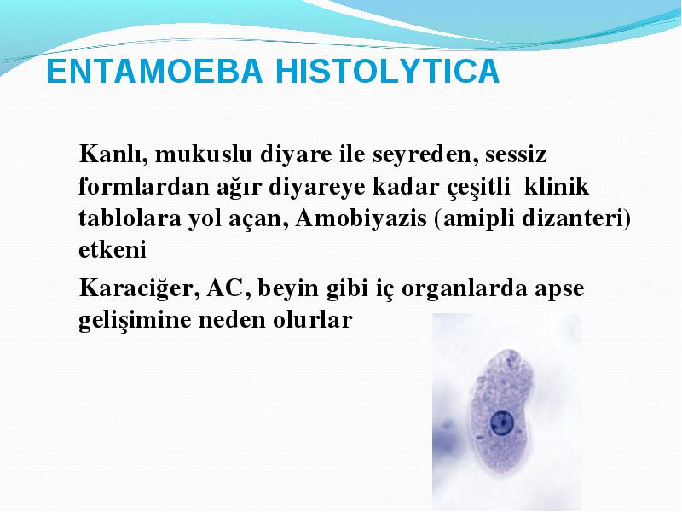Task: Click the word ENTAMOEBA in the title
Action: point(154,71)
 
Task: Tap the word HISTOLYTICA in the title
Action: point(388,71)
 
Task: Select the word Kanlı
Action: point(113,154)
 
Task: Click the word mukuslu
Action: point(204,154)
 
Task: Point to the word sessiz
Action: point(516,155)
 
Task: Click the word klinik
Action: point(557,186)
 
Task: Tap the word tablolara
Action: point(130,218)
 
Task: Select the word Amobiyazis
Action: point(361,218)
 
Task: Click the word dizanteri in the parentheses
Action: point(572,218)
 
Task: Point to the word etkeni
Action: point(113,250)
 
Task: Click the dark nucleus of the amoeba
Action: point(502,422)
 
